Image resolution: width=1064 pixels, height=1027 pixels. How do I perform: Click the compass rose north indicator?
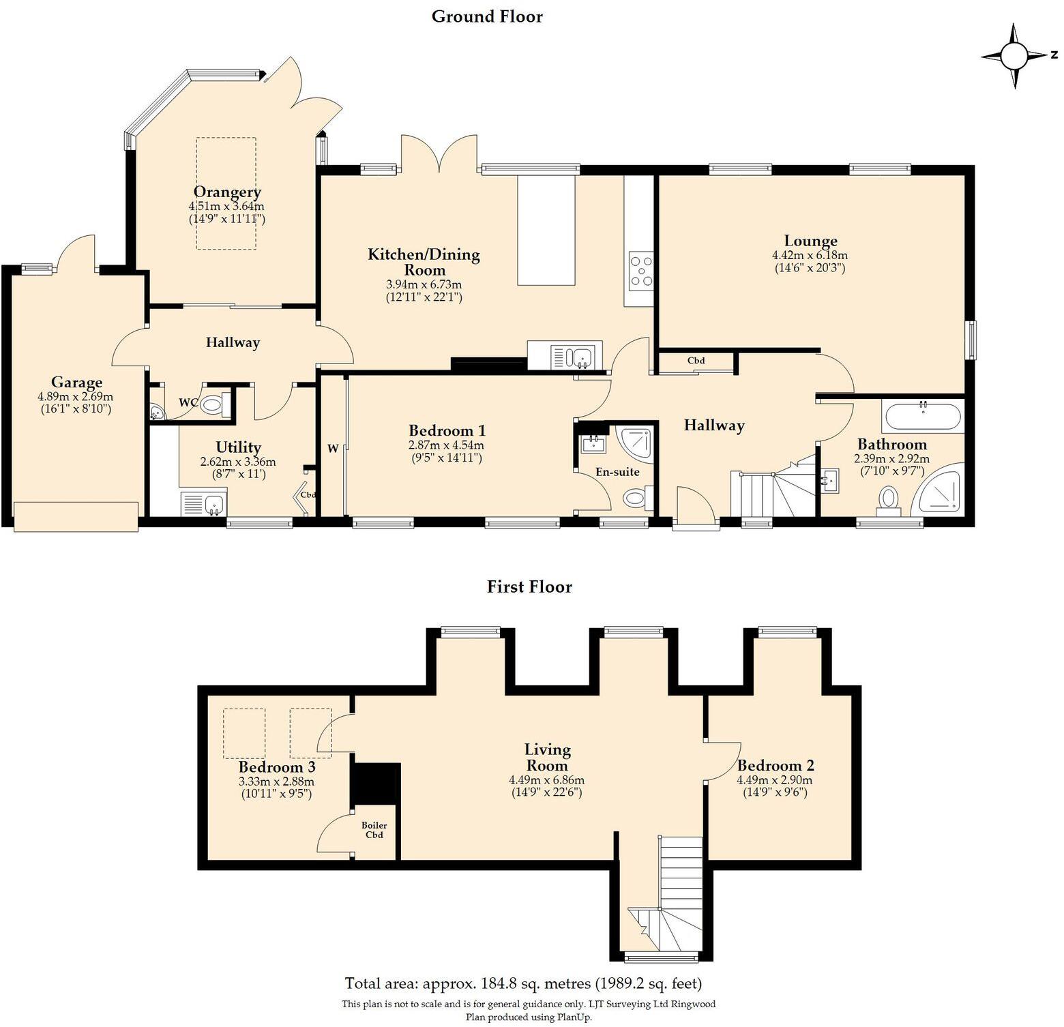pos(1015,56)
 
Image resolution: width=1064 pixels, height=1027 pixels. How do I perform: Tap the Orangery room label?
pos(227,192)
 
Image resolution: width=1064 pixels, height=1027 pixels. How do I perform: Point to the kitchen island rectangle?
pos(546,230)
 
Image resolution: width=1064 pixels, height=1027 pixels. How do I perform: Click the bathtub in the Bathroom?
pos(922,415)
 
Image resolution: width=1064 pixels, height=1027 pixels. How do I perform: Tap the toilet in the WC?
pos(211,405)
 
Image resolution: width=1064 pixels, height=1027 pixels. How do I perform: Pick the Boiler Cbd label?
pos(374,830)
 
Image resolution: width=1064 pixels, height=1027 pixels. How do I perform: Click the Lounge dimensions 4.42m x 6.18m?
pos(810,256)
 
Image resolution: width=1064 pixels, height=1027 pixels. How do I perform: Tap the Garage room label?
pos(76,383)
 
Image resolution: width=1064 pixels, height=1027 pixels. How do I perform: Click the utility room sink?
pos(205,505)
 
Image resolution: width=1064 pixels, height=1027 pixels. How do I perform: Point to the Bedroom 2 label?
pos(775,765)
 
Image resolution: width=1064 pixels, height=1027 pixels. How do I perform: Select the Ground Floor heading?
pos(487,16)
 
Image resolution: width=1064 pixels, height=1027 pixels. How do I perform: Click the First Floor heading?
pos(529,586)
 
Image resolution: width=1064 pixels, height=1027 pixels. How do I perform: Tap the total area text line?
pos(523,983)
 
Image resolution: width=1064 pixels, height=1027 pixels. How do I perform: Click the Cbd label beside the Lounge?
pos(696,361)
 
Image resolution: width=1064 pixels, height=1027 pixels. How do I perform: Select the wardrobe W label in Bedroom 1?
pos(333,449)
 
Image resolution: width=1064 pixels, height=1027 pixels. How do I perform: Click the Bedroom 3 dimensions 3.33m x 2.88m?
pos(276,782)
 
